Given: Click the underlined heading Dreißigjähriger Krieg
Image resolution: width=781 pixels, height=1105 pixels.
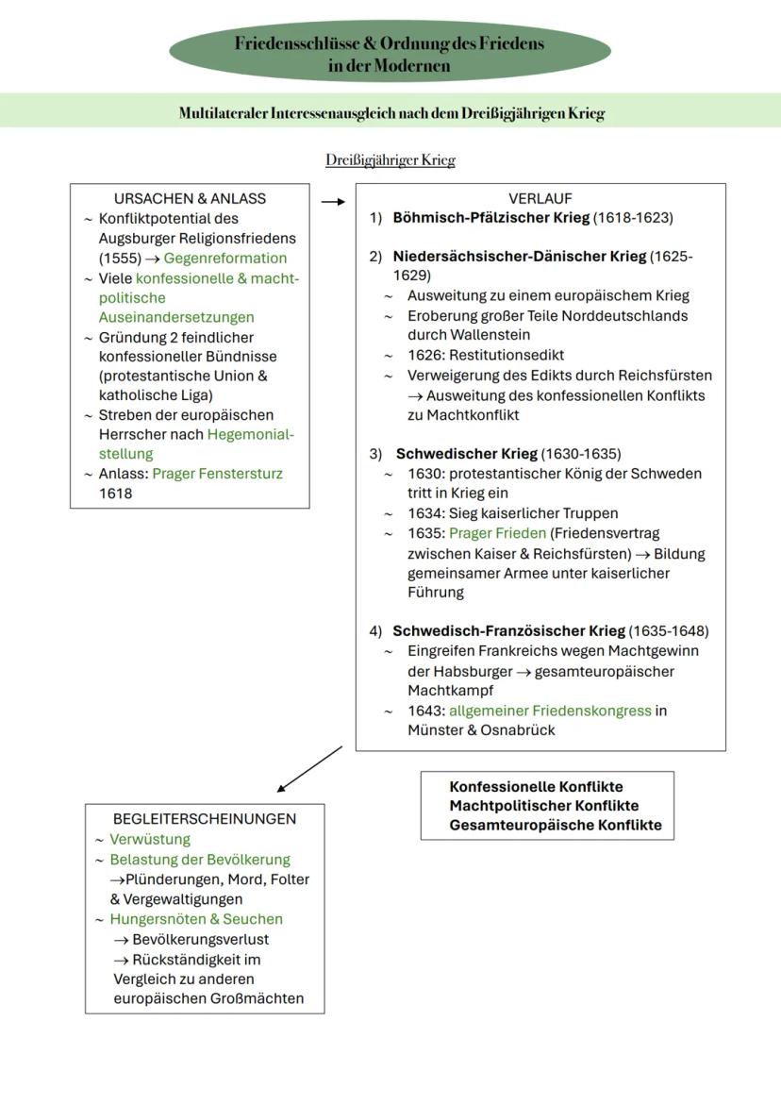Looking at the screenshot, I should pyautogui.click(x=390, y=160).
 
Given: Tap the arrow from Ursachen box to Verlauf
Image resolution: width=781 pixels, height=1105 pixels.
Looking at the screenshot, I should pyautogui.click(x=332, y=201).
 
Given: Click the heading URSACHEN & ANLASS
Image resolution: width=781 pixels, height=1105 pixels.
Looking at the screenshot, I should pyautogui.click(x=190, y=199).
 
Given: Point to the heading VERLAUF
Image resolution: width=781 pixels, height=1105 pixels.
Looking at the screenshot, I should pyautogui.click(x=540, y=199).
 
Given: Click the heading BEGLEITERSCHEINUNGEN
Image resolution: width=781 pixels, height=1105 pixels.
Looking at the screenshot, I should pyautogui.click(x=205, y=819).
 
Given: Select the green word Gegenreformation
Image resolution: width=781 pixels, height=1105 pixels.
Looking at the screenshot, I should pyautogui.click(x=225, y=259).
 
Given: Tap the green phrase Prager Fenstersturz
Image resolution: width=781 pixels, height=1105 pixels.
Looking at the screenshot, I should pyautogui.click(x=217, y=474).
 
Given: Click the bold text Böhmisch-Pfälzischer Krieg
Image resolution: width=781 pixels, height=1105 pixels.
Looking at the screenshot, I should pyautogui.click(x=490, y=218).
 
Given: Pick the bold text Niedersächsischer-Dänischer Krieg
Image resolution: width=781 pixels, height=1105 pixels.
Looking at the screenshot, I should pyautogui.click(x=520, y=257).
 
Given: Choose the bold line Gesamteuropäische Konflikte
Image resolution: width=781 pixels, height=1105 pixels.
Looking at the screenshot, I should pyautogui.click(x=556, y=825).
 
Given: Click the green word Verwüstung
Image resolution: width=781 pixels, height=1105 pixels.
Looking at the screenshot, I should pyautogui.click(x=150, y=839).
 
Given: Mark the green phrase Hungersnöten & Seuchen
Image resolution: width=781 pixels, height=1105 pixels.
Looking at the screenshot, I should pyautogui.click(x=196, y=919).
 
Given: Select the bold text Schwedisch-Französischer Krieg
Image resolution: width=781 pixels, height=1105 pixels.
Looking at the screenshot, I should pyautogui.click(x=508, y=631).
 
